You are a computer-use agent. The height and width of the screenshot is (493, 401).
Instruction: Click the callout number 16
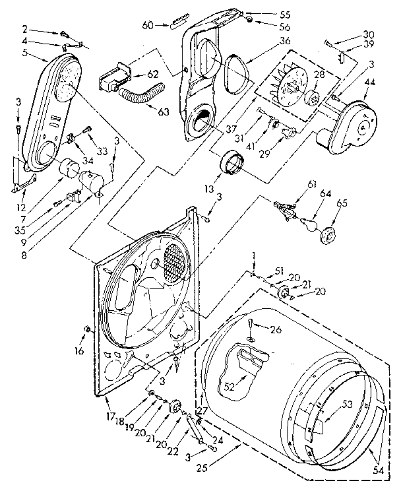click(78, 350)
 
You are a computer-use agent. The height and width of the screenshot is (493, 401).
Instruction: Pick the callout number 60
click(148, 25)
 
